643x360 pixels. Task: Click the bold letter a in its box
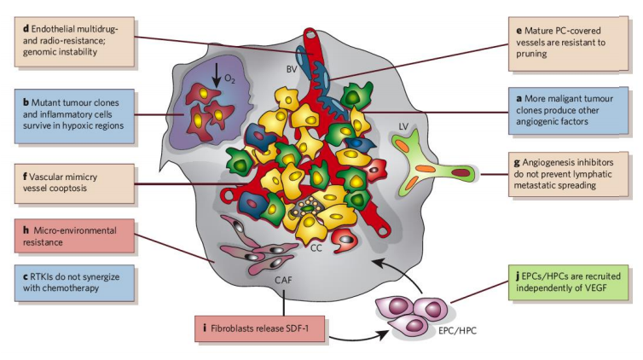pyautogui.click(x=518, y=97)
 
